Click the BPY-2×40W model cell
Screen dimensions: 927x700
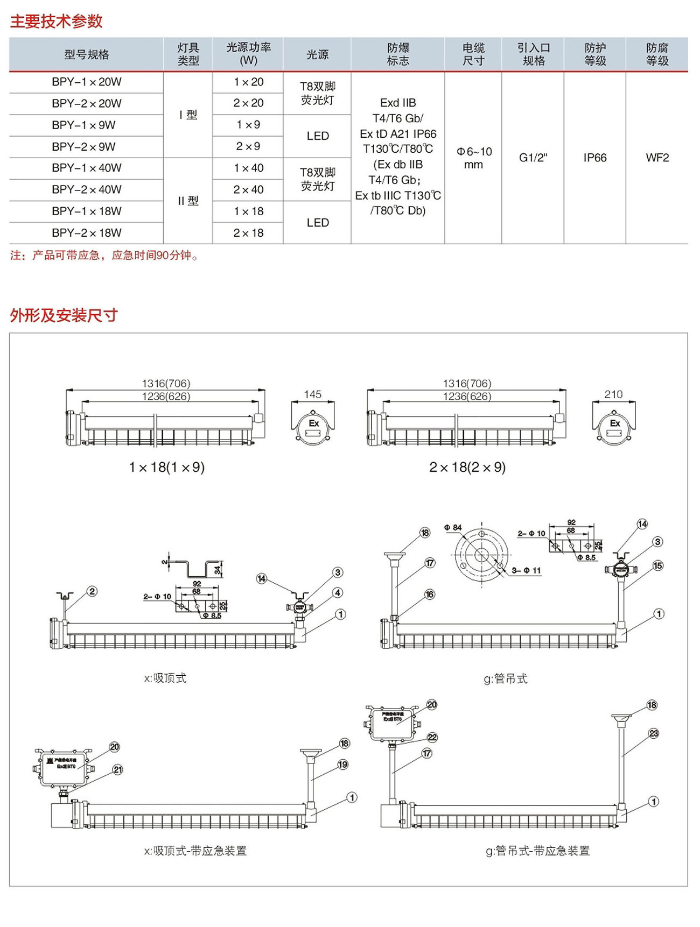pos(87,189)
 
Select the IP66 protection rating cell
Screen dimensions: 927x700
pos(594,158)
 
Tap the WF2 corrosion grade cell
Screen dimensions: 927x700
pos(657,158)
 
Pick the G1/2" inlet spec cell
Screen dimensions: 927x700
pos(533,158)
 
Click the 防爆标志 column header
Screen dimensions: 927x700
pos(398,54)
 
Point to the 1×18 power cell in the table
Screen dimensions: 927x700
pos(248,211)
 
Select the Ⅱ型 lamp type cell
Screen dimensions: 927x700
pos(188,201)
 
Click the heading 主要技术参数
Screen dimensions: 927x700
pos(56,21)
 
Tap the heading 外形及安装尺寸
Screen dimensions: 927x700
pos(64,315)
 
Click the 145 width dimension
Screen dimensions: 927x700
pos(312,394)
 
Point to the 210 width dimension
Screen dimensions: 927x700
pos(613,394)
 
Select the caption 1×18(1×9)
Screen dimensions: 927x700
pos(166,467)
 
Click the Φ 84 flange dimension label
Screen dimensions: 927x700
pos(453,528)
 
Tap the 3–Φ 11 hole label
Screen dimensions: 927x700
pos(526,570)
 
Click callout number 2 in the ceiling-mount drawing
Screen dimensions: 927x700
pos(92,591)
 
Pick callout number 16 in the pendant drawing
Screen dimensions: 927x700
pos(430,594)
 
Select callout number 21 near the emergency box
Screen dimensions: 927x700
pos(118,770)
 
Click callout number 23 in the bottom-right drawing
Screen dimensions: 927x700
pos(653,733)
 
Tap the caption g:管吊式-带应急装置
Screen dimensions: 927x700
pos(537,851)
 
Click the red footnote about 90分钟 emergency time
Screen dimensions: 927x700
pos(105,256)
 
